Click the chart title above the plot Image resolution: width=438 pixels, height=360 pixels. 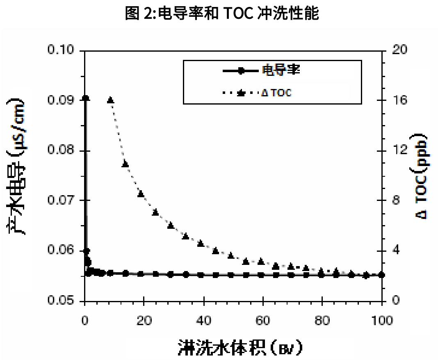click(x=222, y=14)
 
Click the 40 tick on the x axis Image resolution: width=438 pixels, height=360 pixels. click(x=203, y=321)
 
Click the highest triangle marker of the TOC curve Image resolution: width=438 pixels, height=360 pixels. click(x=110, y=100)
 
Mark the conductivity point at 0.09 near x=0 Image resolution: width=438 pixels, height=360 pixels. click(x=85, y=98)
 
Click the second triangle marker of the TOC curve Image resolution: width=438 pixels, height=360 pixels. click(x=125, y=164)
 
